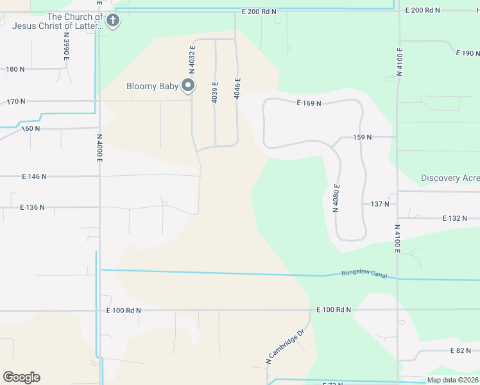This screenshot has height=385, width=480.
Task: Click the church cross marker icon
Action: pos(113,21)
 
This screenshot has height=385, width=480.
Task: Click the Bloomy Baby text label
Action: pos(152,86)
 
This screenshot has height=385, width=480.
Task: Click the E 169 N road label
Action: pos(309,103)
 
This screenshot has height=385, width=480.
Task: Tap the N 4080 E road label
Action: pos(336,198)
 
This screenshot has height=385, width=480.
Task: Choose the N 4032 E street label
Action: pos(192,64)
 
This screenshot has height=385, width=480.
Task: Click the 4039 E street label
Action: pos(215,92)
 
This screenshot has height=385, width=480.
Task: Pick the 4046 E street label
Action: pos(237,89)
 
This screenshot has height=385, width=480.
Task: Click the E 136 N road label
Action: pos(33,207)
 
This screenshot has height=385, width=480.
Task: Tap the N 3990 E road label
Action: pos(66,49)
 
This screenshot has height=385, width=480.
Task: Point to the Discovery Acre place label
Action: pos(450,178)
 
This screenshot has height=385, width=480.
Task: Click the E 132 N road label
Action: pos(454,219)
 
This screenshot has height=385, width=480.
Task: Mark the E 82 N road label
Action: pos(461,351)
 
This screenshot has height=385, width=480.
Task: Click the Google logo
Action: pos(21,377)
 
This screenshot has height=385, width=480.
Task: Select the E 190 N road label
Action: pos(467,53)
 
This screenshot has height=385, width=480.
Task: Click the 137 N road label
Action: pos(381,204)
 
